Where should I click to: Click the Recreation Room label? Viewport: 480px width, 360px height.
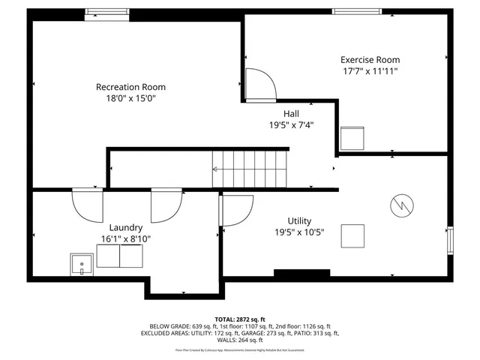(130, 86)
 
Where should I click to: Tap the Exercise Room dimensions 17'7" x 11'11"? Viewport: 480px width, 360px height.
(370, 71)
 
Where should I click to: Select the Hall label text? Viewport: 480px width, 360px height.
(291, 113)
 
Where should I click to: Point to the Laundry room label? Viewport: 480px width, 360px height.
(126, 227)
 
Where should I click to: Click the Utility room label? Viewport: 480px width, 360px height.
(299, 221)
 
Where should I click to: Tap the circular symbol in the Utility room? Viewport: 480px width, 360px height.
(400, 203)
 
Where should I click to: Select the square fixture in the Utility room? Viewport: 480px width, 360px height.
(353, 235)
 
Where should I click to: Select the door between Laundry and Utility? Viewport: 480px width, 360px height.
(236, 210)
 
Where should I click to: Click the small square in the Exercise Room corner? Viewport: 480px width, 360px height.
(351, 138)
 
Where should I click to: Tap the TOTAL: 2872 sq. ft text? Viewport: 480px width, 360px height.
(239, 319)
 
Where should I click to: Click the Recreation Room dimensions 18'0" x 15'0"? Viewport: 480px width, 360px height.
(130, 98)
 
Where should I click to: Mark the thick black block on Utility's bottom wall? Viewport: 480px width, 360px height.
(301, 273)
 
